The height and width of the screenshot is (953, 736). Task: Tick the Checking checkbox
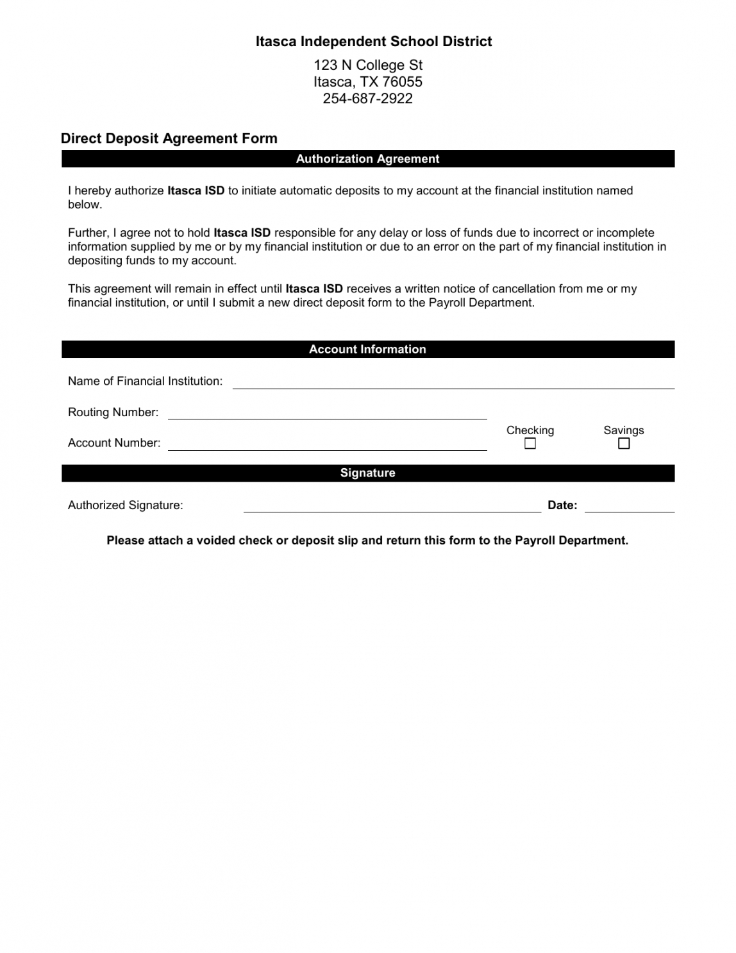(x=530, y=444)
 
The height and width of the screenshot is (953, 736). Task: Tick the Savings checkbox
(x=624, y=444)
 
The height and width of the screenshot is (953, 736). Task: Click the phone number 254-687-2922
(x=367, y=99)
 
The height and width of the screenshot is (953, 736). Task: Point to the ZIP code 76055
(x=402, y=82)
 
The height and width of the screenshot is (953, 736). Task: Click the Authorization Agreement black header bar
(x=367, y=159)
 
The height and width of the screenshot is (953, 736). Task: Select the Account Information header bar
(x=367, y=350)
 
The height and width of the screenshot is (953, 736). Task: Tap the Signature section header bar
(x=367, y=473)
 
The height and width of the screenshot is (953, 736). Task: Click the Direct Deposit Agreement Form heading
(x=169, y=139)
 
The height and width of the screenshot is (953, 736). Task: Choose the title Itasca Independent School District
(x=374, y=42)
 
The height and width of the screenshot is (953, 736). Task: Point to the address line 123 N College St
(x=368, y=65)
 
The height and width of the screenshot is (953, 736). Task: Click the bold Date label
(x=562, y=505)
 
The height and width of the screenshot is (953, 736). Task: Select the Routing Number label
(x=113, y=412)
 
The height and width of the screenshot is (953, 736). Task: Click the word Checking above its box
(x=530, y=430)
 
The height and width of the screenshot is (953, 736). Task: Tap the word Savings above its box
(x=624, y=430)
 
